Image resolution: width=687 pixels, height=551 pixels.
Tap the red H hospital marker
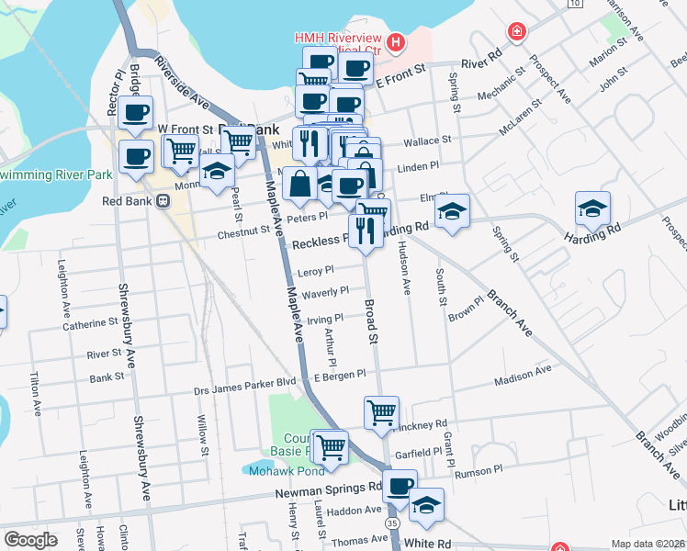[396, 41]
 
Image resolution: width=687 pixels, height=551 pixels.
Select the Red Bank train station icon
[163, 201]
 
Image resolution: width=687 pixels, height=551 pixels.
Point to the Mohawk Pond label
[286, 470]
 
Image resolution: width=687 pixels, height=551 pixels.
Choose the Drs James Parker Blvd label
[244, 390]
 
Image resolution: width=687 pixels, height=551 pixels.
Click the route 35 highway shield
[393, 522]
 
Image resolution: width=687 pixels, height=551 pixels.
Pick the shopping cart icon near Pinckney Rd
[381, 412]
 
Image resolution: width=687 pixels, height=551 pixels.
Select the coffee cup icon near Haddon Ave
[400, 487]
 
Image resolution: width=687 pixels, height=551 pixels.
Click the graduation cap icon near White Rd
[426, 504]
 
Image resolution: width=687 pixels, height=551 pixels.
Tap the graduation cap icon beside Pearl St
[216, 174]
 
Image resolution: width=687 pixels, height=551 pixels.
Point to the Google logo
[29, 540]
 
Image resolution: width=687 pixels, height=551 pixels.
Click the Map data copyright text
[648, 544]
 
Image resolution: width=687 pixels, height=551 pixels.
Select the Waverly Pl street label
[325, 292]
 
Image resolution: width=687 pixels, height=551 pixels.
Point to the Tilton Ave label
[36, 391]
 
